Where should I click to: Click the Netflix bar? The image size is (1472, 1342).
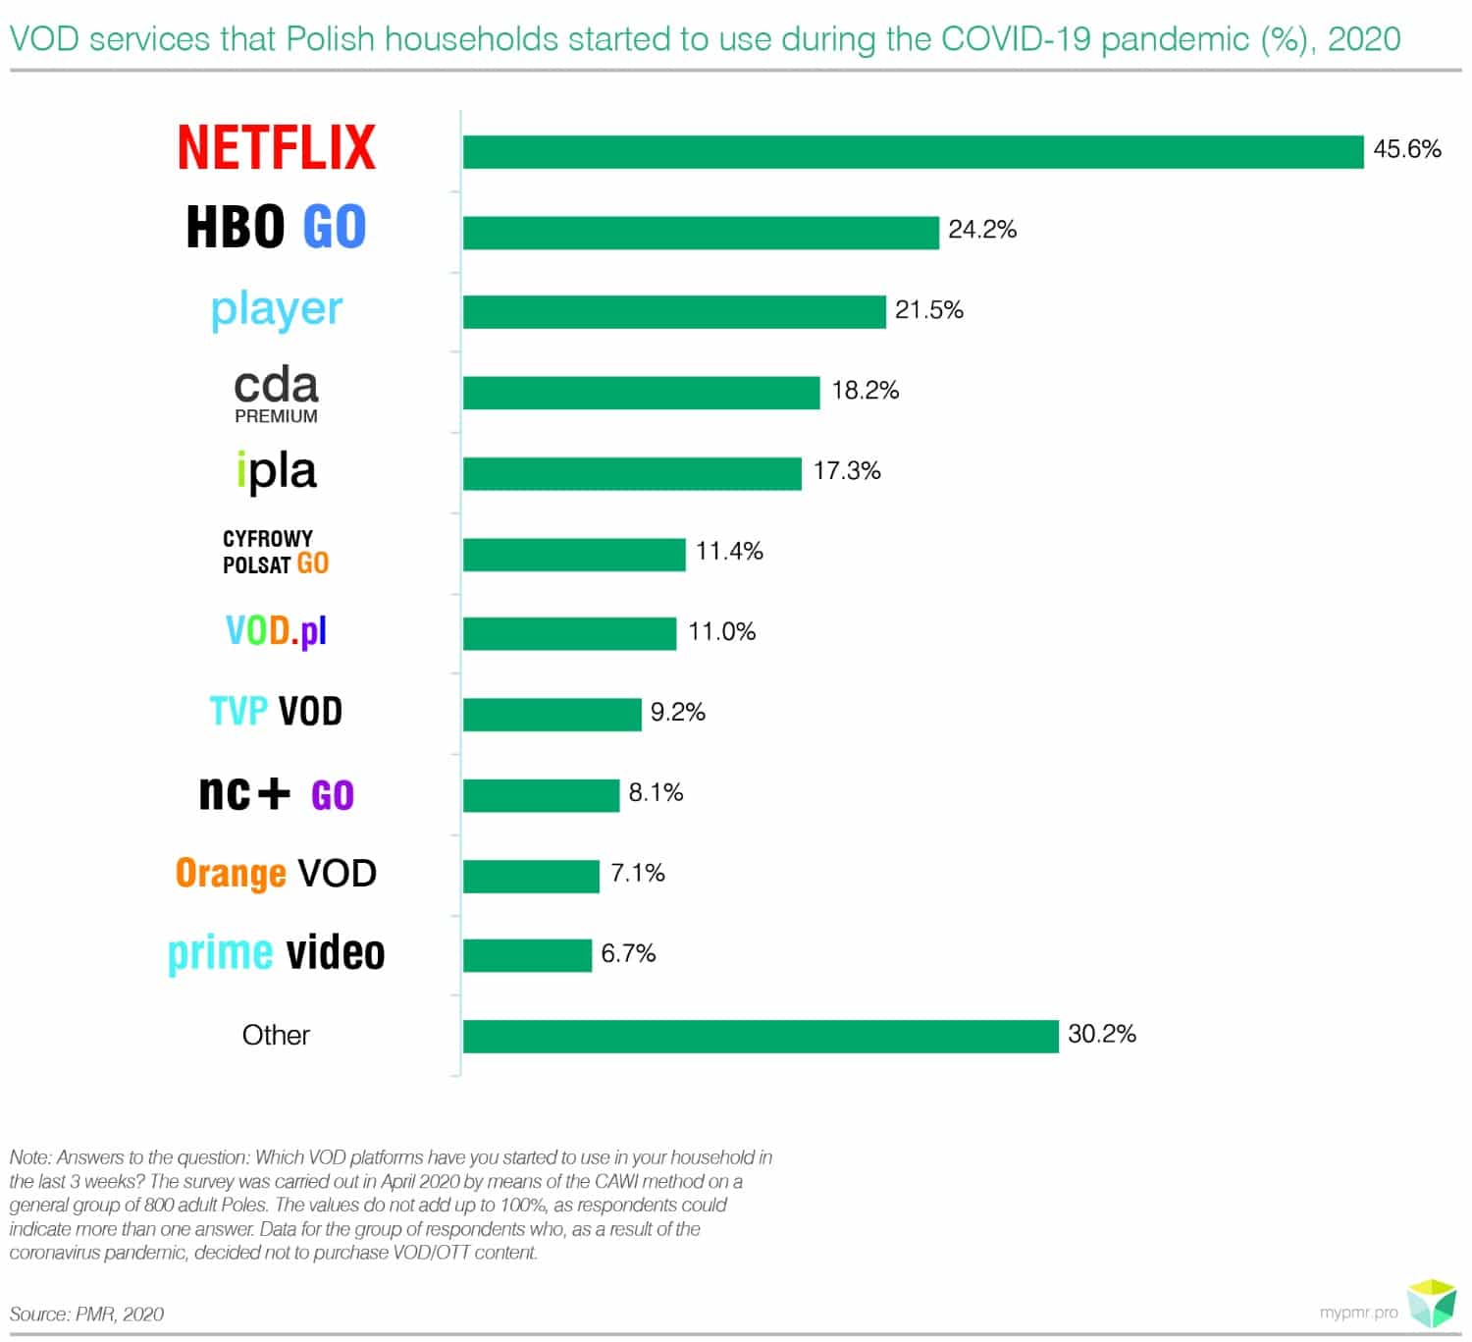click(x=913, y=152)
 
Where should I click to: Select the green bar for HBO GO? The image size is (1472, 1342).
click(x=701, y=233)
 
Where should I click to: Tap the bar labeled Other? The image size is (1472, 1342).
click(x=761, y=1037)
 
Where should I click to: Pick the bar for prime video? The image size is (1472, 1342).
click(x=527, y=955)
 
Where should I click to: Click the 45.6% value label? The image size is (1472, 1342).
click(x=1406, y=149)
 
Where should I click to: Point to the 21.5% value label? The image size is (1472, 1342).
click(x=928, y=310)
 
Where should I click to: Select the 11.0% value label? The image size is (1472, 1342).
click(x=721, y=631)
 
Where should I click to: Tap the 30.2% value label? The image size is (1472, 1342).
click(x=1101, y=1034)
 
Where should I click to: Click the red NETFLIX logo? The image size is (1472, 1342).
click(x=277, y=147)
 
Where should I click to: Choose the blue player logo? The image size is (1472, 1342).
click(x=277, y=310)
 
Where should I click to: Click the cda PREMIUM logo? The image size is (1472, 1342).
click(x=276, y=394)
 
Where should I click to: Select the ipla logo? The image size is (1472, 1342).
click(x=277, y=471)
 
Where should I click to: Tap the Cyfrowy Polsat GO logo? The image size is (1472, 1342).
click(x=276, y=552)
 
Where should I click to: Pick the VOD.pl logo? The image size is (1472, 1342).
click(x=276, y=631)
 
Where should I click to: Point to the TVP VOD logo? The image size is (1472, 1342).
click(x=276, y=712)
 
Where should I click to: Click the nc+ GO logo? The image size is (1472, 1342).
click(x=276, y=793)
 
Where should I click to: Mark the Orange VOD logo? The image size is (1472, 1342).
click(x=276, y=873)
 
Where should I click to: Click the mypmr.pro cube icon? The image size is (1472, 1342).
click(x=1432, y=1303)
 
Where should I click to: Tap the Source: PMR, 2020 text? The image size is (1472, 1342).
click(x=86, y=1314)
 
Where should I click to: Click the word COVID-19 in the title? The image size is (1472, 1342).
click(x=1016, y=39)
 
